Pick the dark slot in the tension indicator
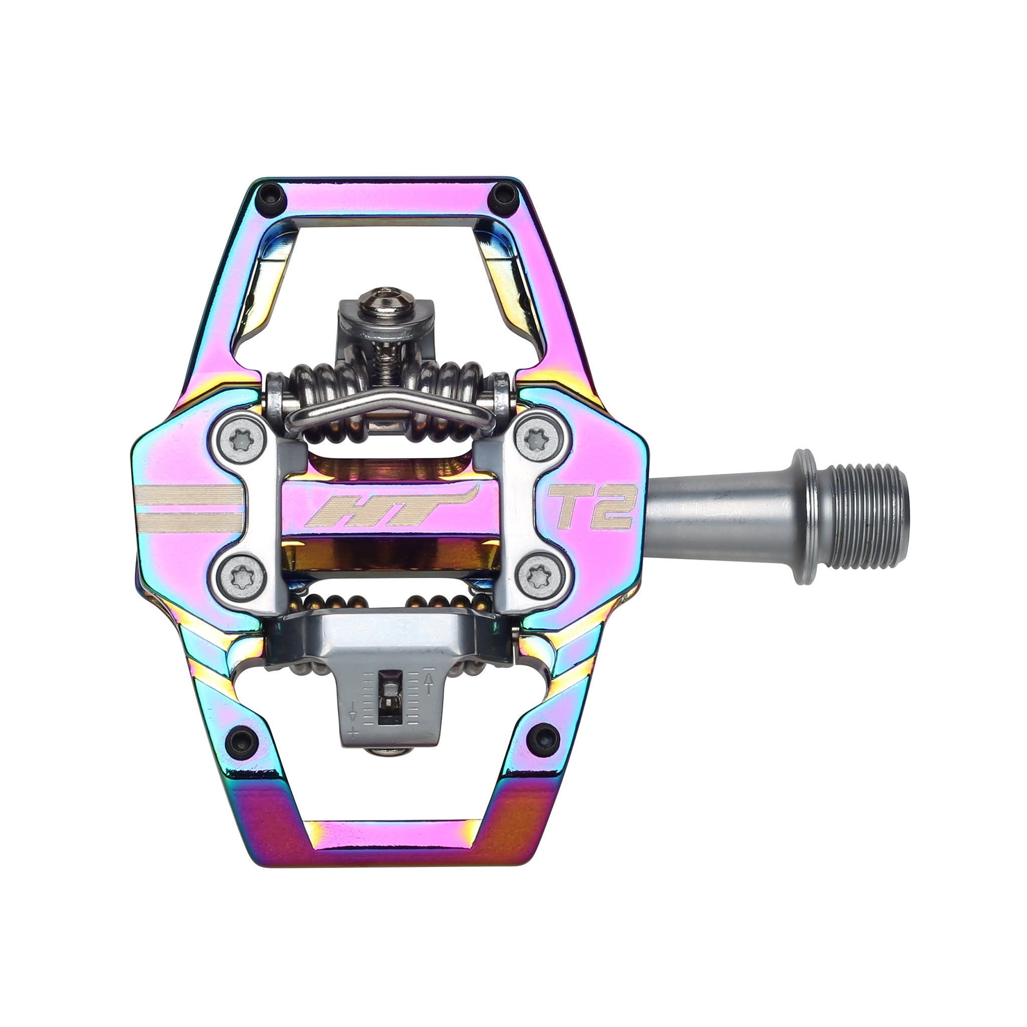[x=390, y=697]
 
